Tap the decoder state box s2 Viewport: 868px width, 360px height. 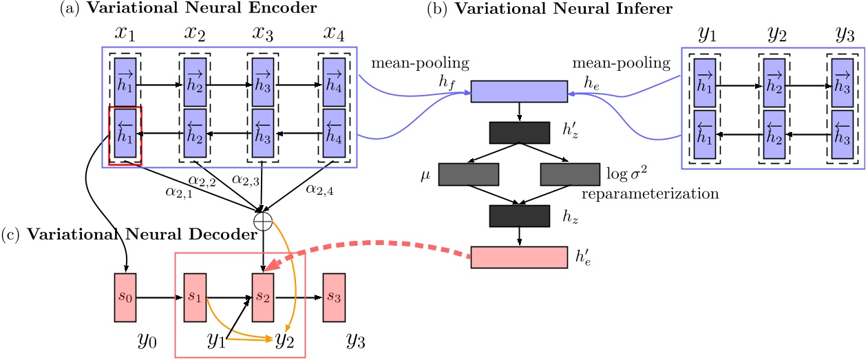click(264, 299)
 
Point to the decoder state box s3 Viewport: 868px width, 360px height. click(334, 299)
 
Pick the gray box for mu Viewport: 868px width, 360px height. click(468, 175)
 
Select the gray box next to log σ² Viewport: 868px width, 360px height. click(571, 175)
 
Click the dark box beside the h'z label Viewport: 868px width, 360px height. click(519, 131)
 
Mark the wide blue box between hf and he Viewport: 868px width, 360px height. click(518, 91)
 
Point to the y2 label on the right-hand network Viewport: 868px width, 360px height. click(776, 32)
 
